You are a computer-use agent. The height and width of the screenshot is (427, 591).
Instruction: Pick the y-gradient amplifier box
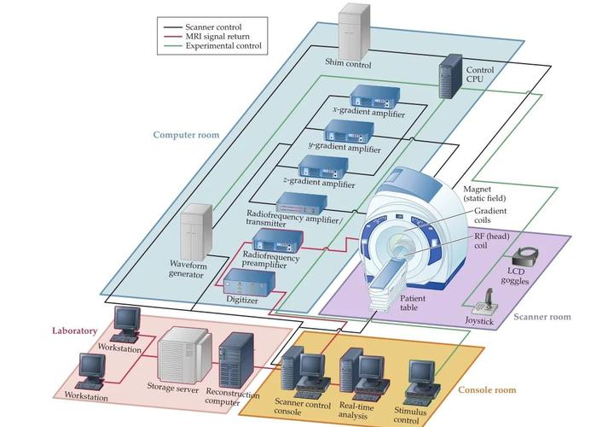345,132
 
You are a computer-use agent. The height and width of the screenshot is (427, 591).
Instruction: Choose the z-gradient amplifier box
322,166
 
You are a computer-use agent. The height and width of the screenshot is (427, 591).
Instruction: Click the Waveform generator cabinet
196,234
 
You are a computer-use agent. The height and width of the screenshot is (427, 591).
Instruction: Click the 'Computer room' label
186,135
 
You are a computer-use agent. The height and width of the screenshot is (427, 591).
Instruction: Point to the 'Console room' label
488,390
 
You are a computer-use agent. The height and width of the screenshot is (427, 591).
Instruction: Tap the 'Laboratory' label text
74,330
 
